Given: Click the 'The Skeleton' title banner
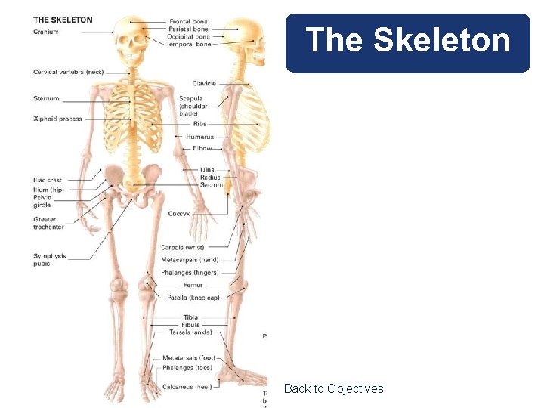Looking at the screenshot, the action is tap(408, 41).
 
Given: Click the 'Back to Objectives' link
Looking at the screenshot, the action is tap(333, 388).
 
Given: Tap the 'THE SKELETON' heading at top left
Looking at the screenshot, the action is tap(63, 20).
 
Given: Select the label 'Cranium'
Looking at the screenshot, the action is tap(46, 32).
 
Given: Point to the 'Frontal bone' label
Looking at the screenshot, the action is tap(189, 22).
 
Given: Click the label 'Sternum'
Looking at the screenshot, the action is tap(46, 99).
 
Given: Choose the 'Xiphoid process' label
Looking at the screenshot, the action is tap(57, 119).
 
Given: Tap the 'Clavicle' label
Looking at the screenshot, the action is tap(205, 84).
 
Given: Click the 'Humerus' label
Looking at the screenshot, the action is tap(200, 137).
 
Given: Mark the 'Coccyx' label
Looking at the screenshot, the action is tap(179, 214).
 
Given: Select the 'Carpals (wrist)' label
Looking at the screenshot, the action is tap(183, 247).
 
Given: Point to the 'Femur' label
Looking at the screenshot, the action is tap(193, 285).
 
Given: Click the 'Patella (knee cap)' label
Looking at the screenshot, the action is tap(193, 298).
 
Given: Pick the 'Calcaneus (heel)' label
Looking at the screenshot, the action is tap(187, 387).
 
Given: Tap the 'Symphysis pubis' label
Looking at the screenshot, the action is tap(50, 260).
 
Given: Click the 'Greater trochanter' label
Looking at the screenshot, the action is tap(49, 223).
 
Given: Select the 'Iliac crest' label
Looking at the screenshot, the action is tap(48, 181).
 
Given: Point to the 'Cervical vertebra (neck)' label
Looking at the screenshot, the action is tap(68, 72).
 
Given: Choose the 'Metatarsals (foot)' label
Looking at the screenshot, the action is tap(189, 357).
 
